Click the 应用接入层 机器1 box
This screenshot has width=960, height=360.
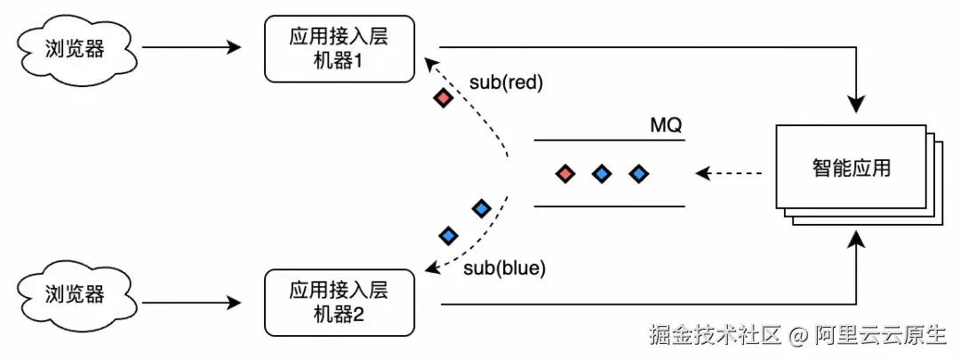pos(339,49)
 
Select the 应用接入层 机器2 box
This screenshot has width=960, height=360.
pos(339,302)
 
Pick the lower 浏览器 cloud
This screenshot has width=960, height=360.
pos(75,294)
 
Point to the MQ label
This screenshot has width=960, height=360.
pos(666,125)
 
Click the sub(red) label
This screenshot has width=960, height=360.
pos(506,83)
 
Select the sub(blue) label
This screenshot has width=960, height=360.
pos(505,267)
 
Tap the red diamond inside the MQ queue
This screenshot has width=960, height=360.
pos(564,173)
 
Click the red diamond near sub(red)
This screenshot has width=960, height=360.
pos(443,98)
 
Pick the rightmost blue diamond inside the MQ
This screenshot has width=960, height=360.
pos(637,173)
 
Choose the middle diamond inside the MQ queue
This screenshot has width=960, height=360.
pos(602,173)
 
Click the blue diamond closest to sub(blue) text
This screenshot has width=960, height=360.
pos(449,236)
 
